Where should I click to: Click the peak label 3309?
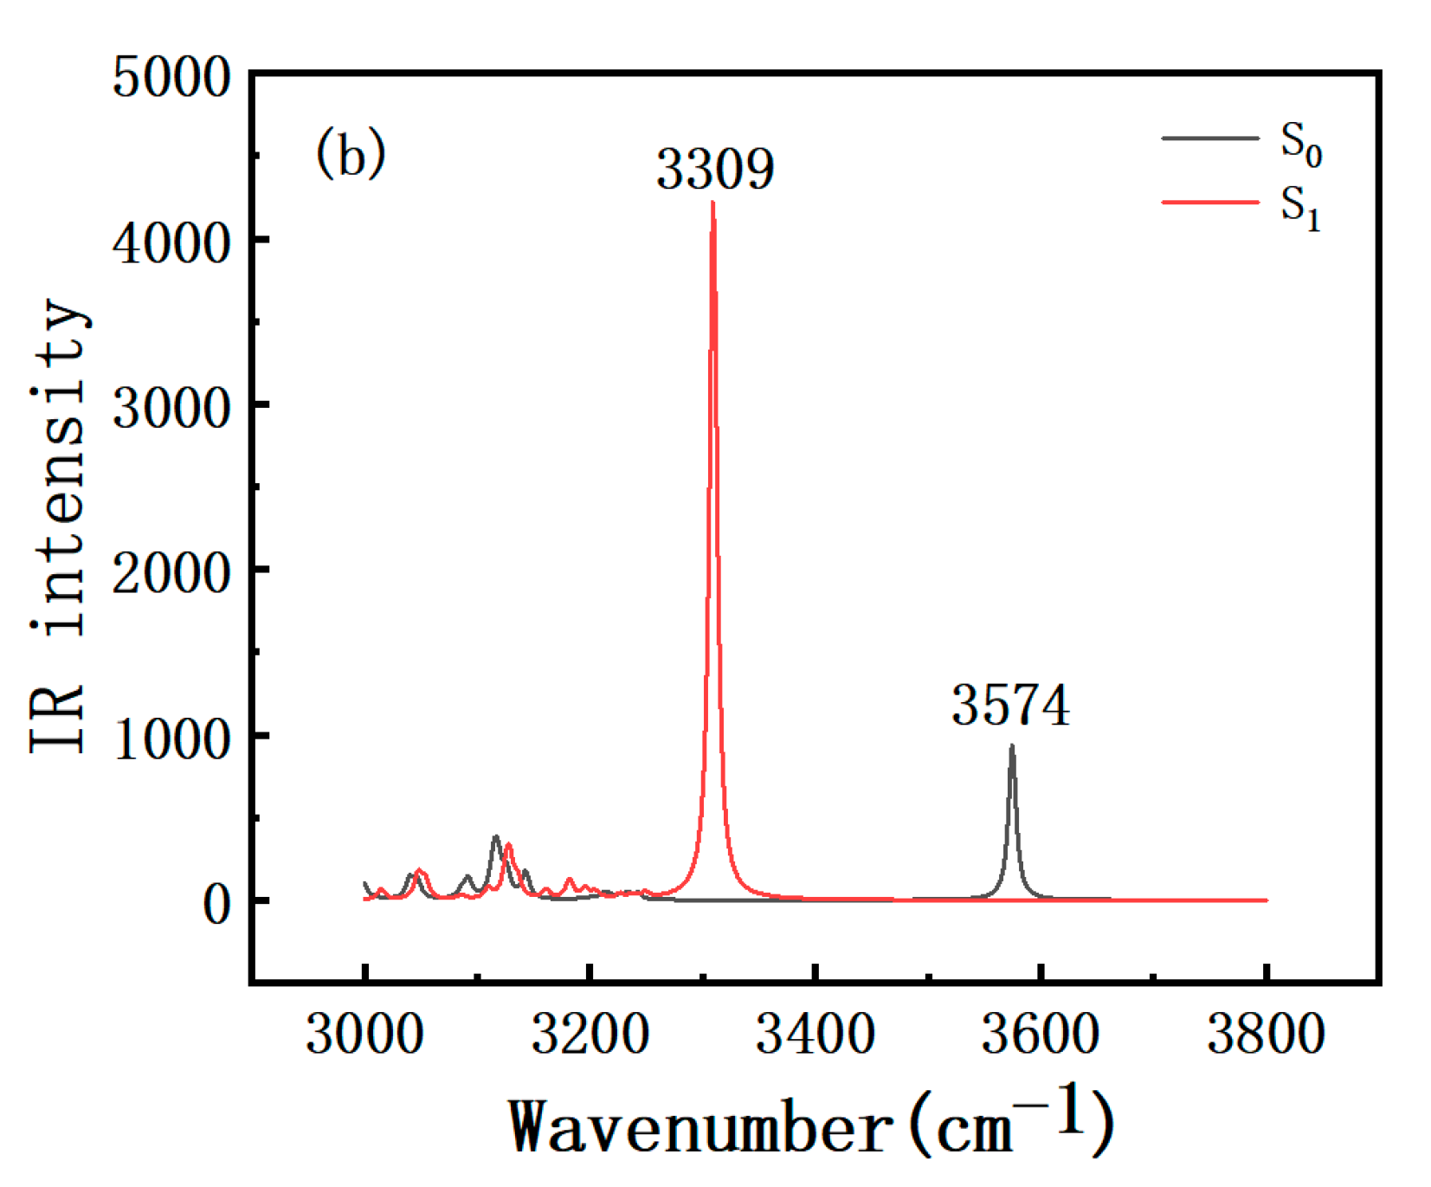[x=715, y=168]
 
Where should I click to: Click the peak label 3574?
[x=1010, y=705]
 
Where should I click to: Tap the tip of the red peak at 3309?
[x=712, y=203]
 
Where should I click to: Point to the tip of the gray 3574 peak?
[x=1011, y=746]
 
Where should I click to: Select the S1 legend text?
[x=1300, y=208]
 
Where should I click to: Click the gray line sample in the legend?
[x=1209, y=138]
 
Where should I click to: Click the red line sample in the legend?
[x=1209, y=202]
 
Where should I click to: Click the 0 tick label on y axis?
[x=216, y=905]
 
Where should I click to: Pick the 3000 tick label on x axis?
[x=364, y=1034]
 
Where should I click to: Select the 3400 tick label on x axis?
[x=815, y=1034]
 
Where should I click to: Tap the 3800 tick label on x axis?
[x=1266, y=1034]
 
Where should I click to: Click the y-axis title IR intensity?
[x=59, y=528]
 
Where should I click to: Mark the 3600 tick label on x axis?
[x=1040, y=1034]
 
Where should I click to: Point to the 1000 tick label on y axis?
[x=171, y=739]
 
